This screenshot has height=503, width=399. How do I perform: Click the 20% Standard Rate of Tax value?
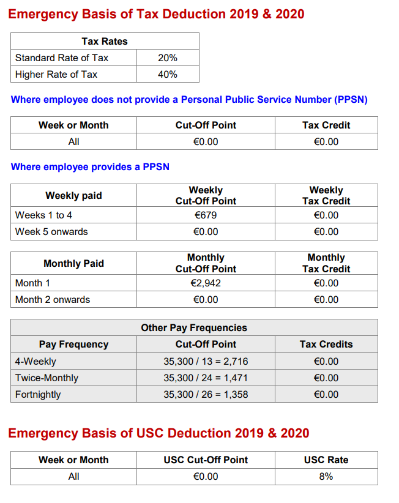167,58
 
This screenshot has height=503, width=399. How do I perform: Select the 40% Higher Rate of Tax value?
167,75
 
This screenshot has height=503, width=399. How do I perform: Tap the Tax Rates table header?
105,42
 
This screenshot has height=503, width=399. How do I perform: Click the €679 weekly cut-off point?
206,215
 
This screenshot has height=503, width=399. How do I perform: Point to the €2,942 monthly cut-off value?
206,283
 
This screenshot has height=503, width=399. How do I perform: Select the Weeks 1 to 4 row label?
43,215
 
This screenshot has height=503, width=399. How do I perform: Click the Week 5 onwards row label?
51,232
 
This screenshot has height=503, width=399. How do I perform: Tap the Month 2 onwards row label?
53,300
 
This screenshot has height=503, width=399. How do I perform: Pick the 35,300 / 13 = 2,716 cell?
206,362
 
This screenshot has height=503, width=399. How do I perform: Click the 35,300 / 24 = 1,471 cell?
206,378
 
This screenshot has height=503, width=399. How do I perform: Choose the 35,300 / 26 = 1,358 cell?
206,395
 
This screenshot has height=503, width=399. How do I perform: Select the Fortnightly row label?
38,395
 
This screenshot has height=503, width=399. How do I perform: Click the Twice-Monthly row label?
47,378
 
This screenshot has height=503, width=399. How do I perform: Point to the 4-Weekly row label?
35,362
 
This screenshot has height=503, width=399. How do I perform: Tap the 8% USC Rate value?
326,477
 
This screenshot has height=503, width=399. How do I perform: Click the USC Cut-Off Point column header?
206,460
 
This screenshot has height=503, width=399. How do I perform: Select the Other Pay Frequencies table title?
194,328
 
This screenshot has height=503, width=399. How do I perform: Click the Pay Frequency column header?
73,345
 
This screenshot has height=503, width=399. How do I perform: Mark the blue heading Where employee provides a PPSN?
90,167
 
